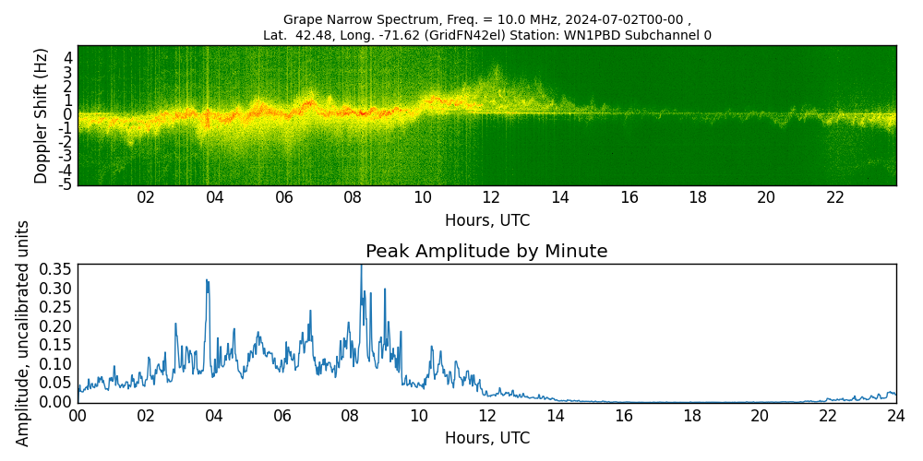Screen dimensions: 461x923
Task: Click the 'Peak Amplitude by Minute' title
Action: click(x=486, y=252)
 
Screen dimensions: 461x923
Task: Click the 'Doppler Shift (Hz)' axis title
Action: click(x=42, y=115)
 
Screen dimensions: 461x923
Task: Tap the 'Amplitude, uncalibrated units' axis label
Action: click(x=23, y=333)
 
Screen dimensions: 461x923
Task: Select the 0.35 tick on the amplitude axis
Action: click(x=54, y=269)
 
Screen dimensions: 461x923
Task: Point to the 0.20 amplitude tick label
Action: click(x=54, y=325)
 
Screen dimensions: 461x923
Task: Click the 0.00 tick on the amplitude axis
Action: click(x=54, y=402)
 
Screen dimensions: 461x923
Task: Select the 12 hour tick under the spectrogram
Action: click(x=491, y=197)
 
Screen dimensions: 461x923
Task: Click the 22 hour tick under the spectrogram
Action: click(x=835, y=197)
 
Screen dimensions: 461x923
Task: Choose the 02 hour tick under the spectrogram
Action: click(x=146, y=197)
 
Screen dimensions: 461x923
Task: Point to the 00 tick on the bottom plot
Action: click(x=78, y=416)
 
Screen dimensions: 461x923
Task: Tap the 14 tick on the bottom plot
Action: click(x=556, y=416)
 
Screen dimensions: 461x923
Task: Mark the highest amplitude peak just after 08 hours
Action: click(x=361, y=266)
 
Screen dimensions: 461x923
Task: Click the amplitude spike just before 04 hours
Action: click(x=207, y=280)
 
